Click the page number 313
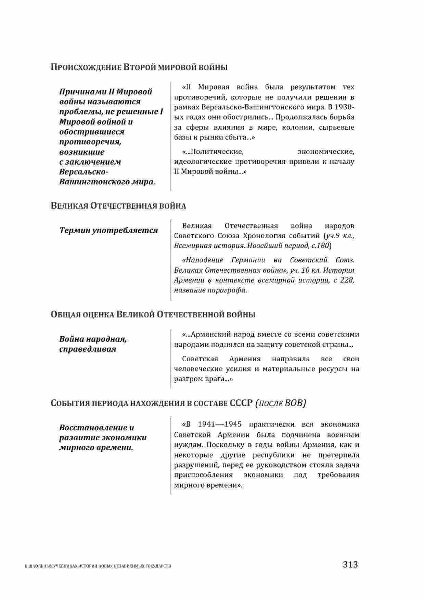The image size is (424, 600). click(x=350, y=564)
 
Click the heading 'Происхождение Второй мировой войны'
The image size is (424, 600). click(x=139, y=67)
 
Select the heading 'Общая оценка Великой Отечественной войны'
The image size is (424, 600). click(x=153, y=314)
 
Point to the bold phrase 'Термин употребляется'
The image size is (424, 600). click(x=108, y=230)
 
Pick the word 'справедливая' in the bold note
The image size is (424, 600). click(x=88, y=349)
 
